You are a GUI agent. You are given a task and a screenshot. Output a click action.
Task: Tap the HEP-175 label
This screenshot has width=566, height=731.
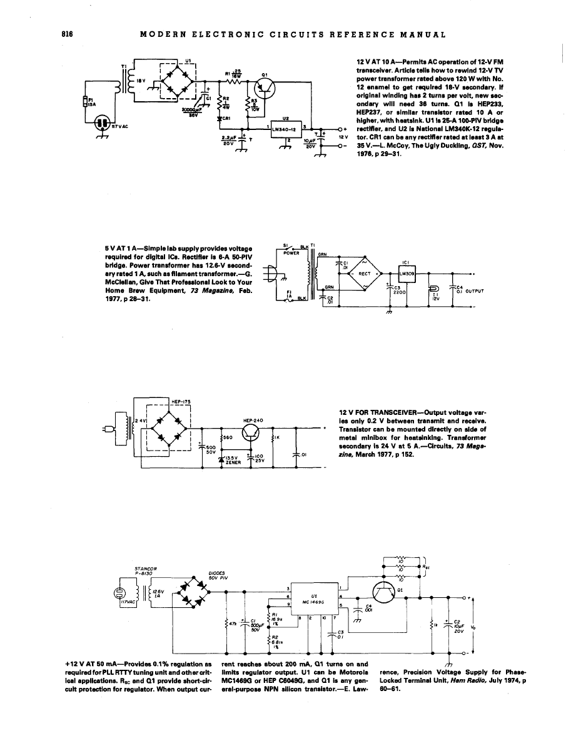(x=180, y=400)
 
